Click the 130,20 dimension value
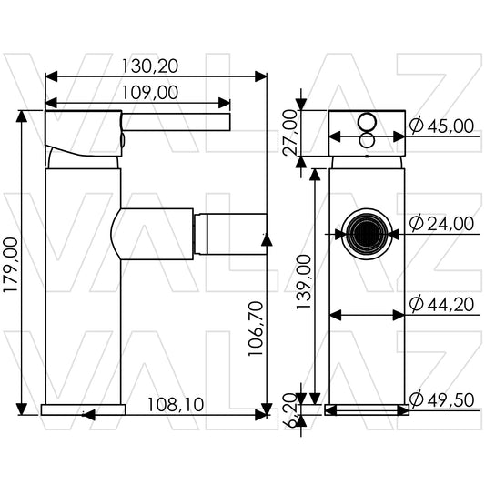150,66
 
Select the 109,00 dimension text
150,93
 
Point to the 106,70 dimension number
256,328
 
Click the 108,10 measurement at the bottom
176,405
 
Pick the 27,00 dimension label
290,132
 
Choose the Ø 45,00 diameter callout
441,126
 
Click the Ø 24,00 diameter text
441,223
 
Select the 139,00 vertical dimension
303,281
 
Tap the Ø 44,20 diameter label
441,304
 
